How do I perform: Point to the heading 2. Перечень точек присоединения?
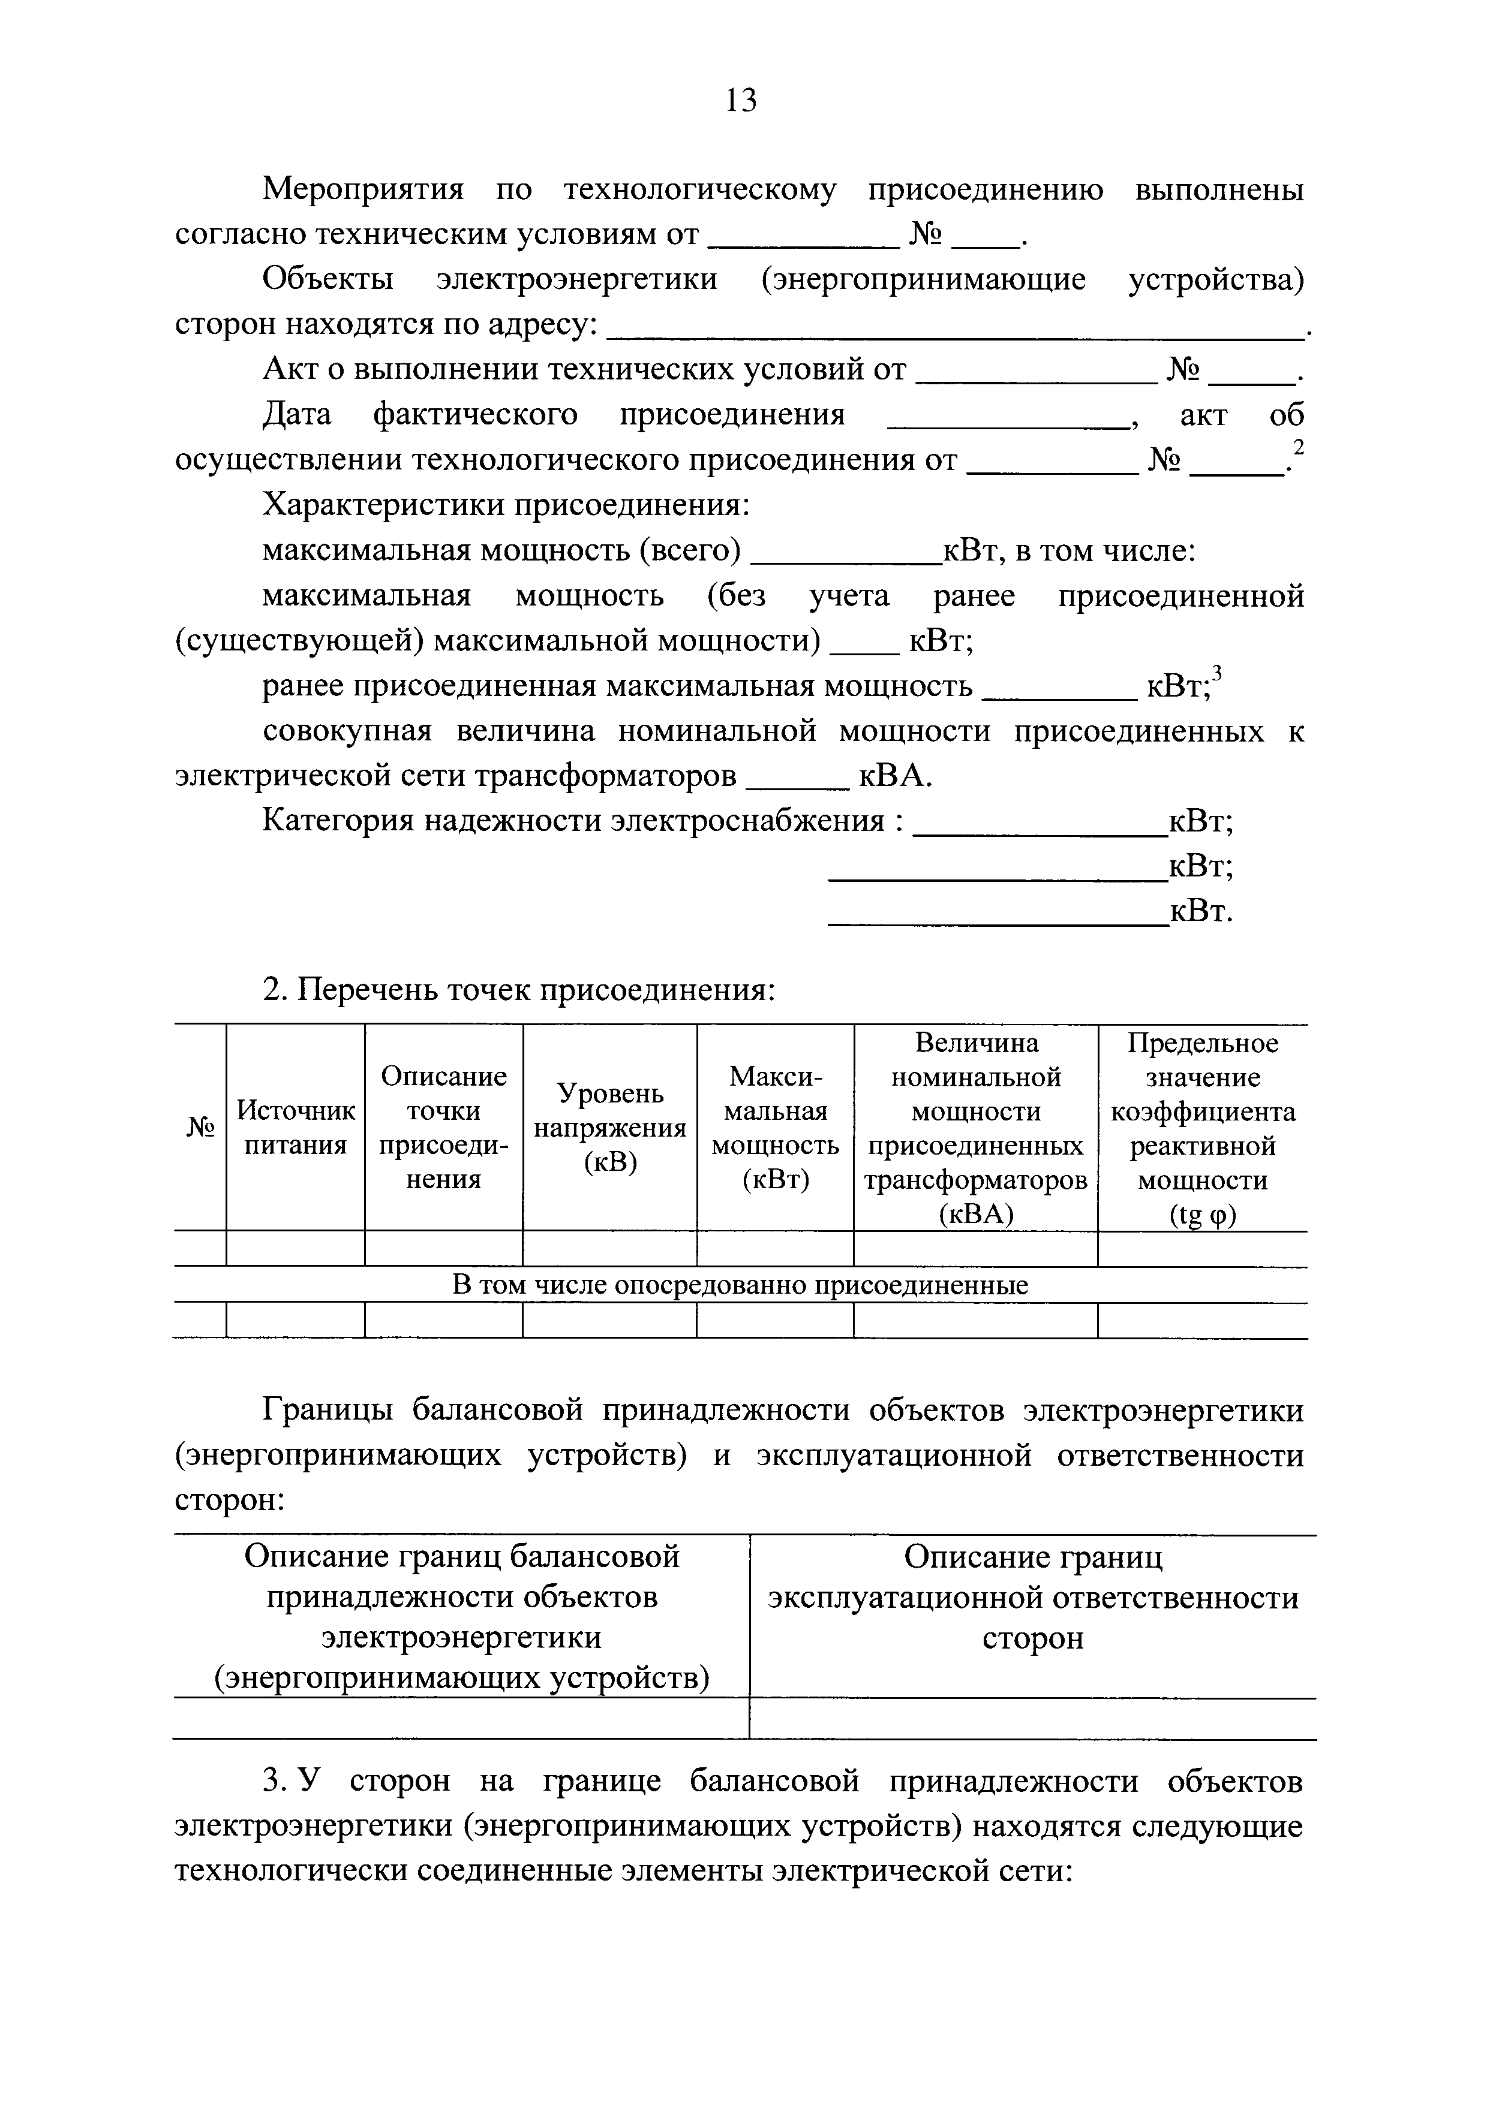(x=519, y=990)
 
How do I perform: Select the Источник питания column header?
(x=295, y=1128)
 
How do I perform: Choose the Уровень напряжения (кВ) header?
(x=609, y=1128)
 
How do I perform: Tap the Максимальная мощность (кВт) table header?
(x=775, y=1128)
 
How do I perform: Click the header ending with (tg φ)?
(x=1202, y=1128)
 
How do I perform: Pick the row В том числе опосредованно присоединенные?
(x=740, y=1285)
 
